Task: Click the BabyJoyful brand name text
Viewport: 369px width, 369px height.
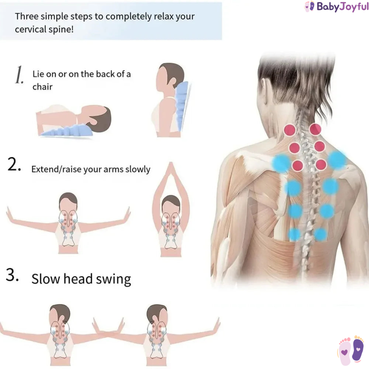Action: (x=342, y=7)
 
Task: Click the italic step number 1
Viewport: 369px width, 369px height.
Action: (x=19, y=75)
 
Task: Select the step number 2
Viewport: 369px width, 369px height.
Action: (x=14, y=164)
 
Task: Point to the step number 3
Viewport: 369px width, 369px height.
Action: (x=12, y=274)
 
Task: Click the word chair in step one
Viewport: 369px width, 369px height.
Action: (x=42, y=87)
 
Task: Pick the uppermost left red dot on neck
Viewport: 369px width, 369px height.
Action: (x=290, y=130)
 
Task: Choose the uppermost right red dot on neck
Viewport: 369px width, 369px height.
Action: (x=315, y=129)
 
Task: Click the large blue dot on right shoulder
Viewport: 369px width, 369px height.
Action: (x=337, y=160)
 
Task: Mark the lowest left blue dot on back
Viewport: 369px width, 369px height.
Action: (x=294, y=234)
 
